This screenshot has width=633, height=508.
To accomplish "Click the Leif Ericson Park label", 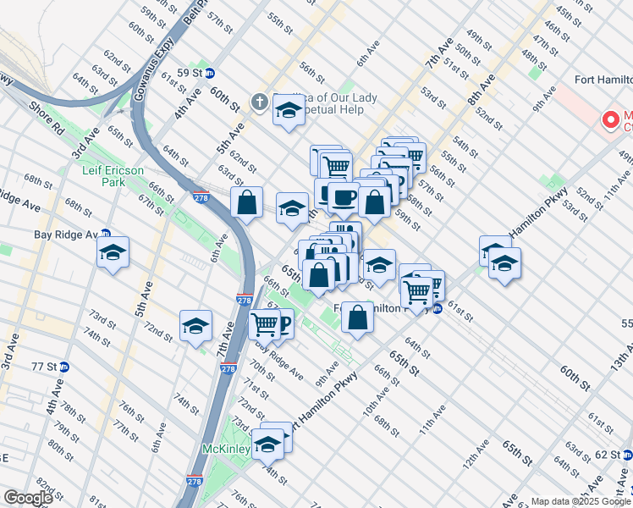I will (113, 176).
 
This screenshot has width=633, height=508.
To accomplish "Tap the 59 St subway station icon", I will (211, 73).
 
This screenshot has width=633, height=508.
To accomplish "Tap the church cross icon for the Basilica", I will (259, 103).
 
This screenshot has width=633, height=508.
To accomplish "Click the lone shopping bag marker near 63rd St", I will (246, 202).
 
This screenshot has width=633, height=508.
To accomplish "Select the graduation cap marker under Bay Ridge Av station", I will (113, 252).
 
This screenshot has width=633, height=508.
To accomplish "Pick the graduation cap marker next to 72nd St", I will (195, 325).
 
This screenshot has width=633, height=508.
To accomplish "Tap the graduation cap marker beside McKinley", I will (268, 443).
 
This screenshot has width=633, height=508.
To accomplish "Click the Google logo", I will (28, 498).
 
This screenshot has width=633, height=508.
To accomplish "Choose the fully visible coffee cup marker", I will (343, 196).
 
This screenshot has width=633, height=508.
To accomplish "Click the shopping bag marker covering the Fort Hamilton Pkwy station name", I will (358, 318).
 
